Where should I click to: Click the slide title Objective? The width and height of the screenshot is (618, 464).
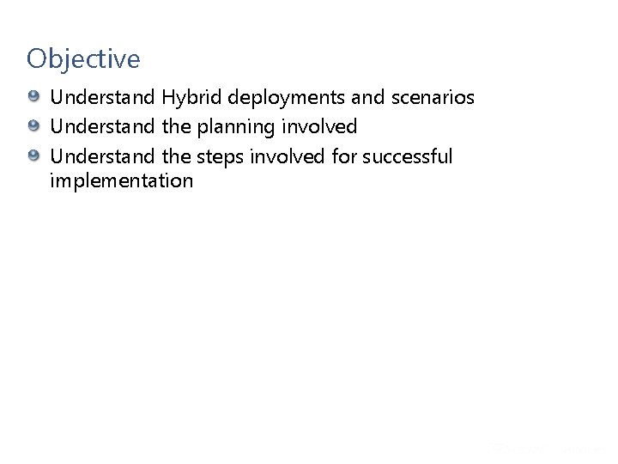(82, 59)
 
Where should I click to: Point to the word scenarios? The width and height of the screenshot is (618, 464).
(433, 98)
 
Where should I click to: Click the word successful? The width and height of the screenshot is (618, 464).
(408, 156)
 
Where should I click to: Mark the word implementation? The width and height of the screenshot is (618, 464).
(121, 180)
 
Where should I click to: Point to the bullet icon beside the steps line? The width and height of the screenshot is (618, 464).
(33, 156)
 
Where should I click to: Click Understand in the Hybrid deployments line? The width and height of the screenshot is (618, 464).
(102, 98)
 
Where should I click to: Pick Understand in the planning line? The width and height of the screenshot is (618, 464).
(102, 127)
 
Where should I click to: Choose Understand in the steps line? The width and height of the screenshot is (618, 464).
(102, 156)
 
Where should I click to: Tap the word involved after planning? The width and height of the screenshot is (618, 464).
(321, 127)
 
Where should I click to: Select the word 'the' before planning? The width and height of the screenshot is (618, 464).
(174, 127)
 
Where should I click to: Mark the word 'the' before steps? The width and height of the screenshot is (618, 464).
(174, 156)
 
